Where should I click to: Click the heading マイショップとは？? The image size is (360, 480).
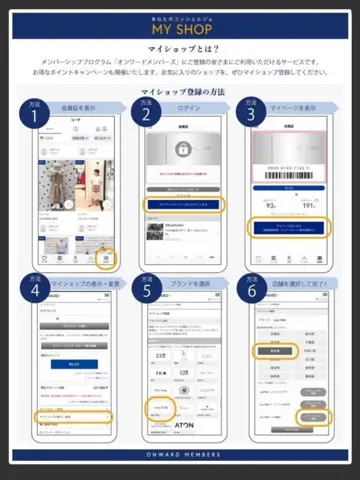point(180,47)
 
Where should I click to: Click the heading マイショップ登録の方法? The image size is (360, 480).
point(180,91)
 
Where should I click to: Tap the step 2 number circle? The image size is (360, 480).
point(147,116)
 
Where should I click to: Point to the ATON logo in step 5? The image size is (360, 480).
point(185,423)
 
